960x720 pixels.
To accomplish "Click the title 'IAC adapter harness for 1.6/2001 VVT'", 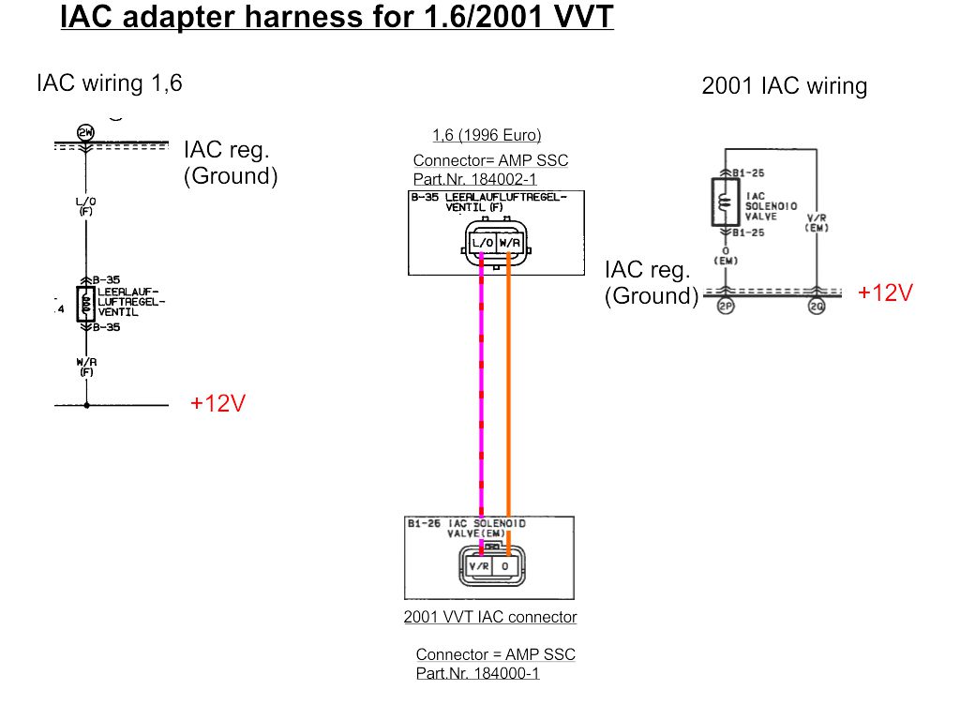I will (337, 16).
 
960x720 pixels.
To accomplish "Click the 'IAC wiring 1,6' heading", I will (109, 83).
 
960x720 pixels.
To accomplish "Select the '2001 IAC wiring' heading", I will (784, 87).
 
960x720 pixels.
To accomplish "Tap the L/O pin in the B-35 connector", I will (483, 243).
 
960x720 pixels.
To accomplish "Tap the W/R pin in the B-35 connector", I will (509, 243).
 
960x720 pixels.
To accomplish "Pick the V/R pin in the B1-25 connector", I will (479, 567).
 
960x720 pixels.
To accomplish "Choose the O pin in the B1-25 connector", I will (505, 567).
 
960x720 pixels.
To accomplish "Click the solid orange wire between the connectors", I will (508, 394).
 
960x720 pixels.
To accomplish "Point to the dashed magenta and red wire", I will (482, 394).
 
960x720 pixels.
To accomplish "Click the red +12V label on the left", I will (217, 404).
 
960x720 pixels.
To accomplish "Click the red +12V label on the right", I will (885, 292).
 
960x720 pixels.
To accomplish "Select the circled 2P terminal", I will (725, 307).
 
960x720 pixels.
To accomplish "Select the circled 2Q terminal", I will (817, 307).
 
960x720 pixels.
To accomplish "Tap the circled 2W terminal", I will (85, 132).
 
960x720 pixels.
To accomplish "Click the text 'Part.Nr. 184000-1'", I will (477, 673).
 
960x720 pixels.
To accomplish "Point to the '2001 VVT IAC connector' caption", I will (490, 617).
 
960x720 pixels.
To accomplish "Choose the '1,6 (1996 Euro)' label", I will (487, 135).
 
